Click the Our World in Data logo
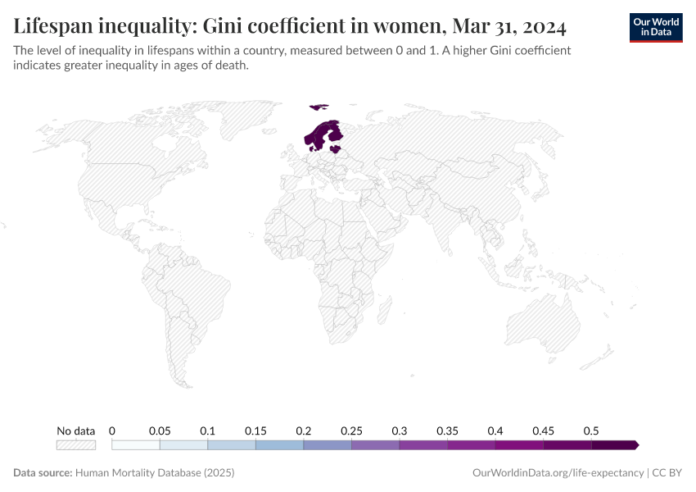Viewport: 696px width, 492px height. [x=655, y=27]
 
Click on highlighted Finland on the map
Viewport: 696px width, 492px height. [x=334, y=135]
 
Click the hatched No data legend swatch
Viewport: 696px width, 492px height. [x=75, y=445]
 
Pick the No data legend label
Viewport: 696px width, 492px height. [x=75, y=430]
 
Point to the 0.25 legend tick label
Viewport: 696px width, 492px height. [x=351, y=430]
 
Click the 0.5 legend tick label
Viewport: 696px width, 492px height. [x=591, y=430]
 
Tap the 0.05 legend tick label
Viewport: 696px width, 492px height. [x=160, y=430]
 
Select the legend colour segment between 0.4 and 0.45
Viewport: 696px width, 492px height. [x=519, y=445]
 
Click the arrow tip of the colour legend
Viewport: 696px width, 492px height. [x=635, y=445]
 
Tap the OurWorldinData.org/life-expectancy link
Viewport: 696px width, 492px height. [x=558, y=473]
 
